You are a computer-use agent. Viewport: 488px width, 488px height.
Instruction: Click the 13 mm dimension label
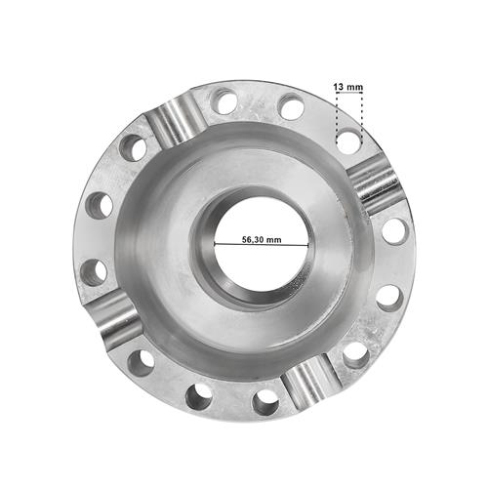[347, 87]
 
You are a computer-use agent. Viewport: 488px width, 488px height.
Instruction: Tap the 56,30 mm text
[262, 240]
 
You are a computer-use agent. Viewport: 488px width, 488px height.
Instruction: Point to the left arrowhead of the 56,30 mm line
[216, 244]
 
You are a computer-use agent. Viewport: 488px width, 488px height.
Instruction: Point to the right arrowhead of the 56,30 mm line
[306, 245]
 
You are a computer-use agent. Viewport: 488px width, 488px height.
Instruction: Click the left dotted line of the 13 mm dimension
[337, 118]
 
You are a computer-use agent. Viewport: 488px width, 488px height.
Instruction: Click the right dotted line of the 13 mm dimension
[362, 118]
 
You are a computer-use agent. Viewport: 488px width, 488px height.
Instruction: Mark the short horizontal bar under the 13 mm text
[349, 93]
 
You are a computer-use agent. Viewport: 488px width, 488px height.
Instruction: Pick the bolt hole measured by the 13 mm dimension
[348, 142]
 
